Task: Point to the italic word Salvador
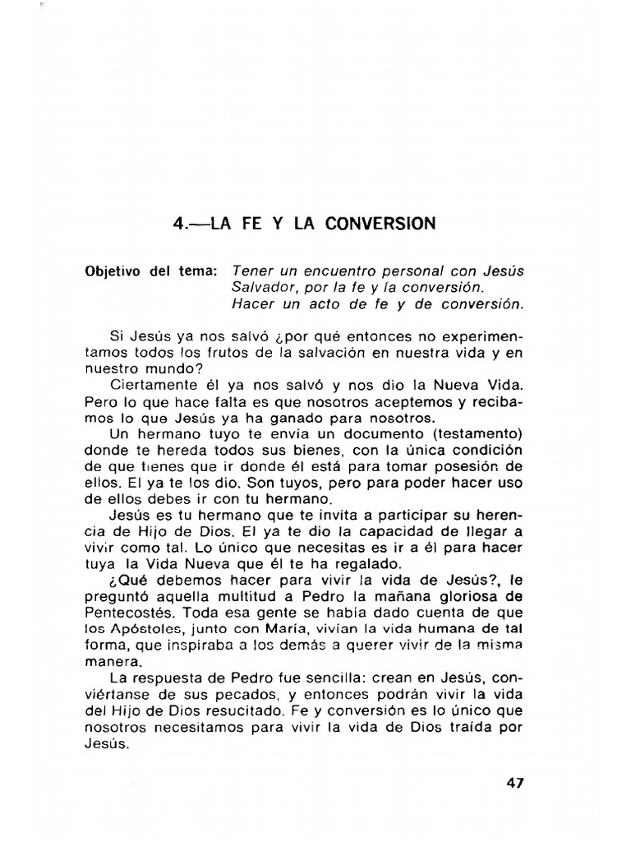click(261, 287)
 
